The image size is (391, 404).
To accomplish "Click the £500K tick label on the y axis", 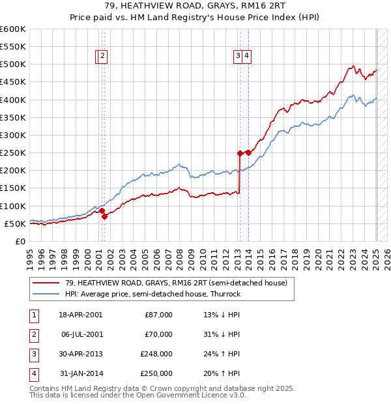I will coord(13,65).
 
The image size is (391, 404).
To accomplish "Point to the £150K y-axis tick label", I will coord(13,188).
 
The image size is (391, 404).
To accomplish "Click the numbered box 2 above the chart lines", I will coord(103,56).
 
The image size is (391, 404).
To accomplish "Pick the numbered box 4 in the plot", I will coord(248,56).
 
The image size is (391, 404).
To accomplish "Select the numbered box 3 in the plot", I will coord(239,56).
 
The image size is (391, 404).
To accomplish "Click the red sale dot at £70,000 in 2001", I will coord(104,216).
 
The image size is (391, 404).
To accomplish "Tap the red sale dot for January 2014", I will coord(248,152).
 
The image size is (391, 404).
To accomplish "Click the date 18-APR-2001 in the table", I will coord(80,315).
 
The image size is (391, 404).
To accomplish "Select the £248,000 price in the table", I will coord(156,354).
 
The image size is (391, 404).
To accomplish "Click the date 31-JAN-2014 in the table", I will coord(80,373).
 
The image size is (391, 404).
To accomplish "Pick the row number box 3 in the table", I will coord(33,354).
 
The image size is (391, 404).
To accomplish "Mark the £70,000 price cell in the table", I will coord(158,334).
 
